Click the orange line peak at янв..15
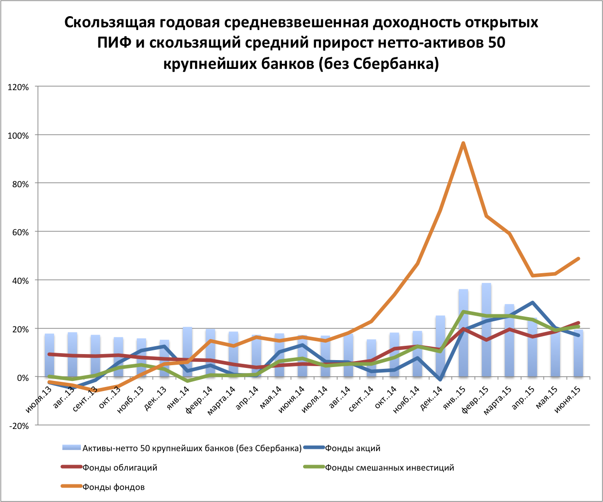click(x=463, y=143)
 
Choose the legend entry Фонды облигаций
click(x=120, y=467)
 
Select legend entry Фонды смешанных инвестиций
click(x=389, y=467)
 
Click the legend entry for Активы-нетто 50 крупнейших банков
click(x=191, y=448)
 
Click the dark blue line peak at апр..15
click(x=532, y=303)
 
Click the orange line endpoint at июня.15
click(x=578, y=258)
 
